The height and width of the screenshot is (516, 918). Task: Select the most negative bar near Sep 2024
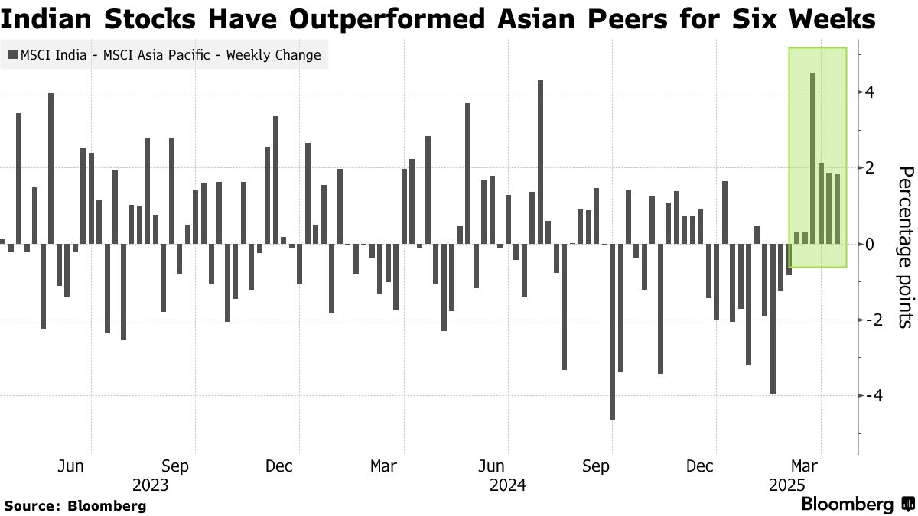coord(612,332)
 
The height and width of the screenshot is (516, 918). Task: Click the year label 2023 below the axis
coord(150,485)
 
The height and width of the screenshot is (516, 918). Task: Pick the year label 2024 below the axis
coord(507,485)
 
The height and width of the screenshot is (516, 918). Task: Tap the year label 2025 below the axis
coord(786,485)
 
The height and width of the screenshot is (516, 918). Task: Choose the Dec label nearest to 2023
coord(278,466)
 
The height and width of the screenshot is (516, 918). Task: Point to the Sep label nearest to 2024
coord(597,466)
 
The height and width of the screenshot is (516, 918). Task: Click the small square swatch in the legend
coord(12,55)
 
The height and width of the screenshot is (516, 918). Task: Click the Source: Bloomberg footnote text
coord(75,505)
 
